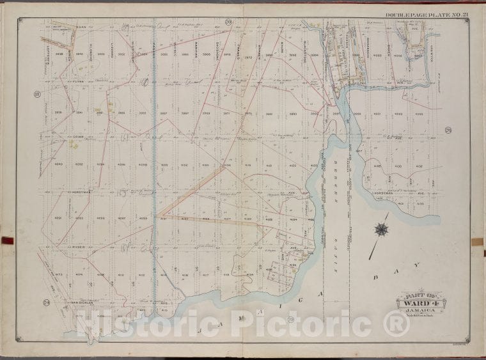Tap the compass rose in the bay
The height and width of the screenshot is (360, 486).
coord(382,229)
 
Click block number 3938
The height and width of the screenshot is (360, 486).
coord(59,56)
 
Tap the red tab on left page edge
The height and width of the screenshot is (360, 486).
coord(7,240)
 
